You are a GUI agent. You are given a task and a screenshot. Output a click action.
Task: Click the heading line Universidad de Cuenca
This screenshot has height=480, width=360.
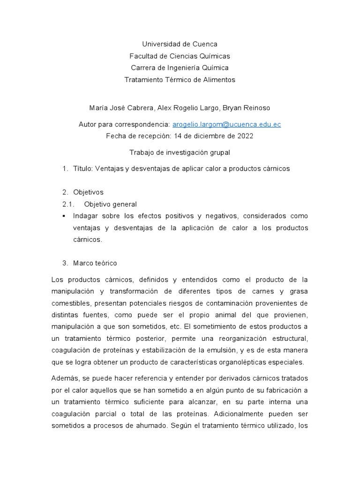click(x=180, y=45)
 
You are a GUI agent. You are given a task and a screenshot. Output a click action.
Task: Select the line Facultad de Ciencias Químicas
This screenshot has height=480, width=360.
click(x=180, y=56)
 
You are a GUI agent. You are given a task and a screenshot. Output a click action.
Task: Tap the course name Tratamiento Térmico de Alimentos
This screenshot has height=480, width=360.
click(x=180, y=80)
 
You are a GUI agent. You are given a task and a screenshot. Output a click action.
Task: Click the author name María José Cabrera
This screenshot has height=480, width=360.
click(x=115, y=108)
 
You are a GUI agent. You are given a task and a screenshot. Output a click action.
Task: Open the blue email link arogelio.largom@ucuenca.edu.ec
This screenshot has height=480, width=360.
click(x=226, y=124)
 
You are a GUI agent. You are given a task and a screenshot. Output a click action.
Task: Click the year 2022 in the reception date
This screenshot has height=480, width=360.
click(x=245, y=136)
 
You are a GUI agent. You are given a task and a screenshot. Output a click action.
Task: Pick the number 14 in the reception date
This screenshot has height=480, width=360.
click(x=178, y=136)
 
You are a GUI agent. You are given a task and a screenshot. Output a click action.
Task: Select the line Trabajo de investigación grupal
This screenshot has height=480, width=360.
click(x=180, y=152)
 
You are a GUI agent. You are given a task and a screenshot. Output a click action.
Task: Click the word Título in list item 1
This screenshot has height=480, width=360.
click(x=83, y=169)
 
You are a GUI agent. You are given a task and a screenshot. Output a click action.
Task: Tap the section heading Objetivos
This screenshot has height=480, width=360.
click(x=89, y=192)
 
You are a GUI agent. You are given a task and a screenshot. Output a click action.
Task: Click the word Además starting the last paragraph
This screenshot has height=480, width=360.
click(x=65, y=378)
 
